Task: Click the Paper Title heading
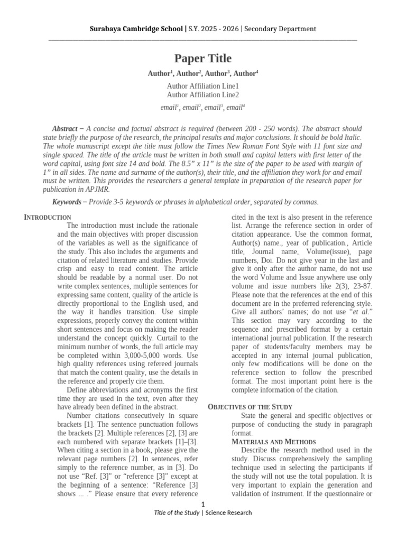(x=203, y=59)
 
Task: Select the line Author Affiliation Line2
(x=203, y=95)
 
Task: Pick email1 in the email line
(x=170, y=108)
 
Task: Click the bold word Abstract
(x=65, y=129)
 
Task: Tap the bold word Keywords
(x=68, y=202)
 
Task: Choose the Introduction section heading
(x=48, y=218)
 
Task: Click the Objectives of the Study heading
(x=250, y=407)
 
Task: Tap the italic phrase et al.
(x=361, y=312)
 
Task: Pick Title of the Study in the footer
(x=177, y=513)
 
